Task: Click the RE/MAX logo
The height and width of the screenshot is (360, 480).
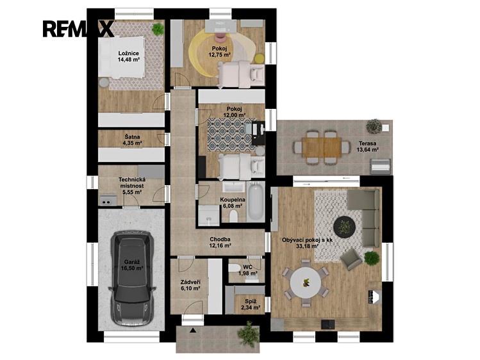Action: [78, 29]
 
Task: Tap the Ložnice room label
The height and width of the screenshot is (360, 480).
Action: [129, 54]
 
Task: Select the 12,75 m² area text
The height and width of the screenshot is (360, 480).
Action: [219, 54]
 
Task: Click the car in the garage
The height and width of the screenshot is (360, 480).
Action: [132, 278]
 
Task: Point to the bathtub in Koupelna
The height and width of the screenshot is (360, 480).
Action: [256, 201]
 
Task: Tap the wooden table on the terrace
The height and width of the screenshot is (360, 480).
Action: [322, 147]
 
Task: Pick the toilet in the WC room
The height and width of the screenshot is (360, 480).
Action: [235, 268]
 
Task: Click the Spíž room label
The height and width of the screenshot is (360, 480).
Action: [251, 301]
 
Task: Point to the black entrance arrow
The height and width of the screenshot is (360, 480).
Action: [193, 330]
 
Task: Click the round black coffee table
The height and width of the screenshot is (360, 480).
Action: [344, 227]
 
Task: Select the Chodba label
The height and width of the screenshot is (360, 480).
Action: [220, 239]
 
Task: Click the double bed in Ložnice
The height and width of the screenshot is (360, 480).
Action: [121, 57]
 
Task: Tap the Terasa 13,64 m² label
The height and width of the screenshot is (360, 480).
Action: [368, 146]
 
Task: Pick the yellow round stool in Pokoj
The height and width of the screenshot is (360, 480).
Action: [260, 58]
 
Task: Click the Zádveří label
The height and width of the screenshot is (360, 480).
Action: [190, 282]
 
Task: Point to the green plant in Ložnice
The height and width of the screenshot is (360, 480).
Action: [158, 29]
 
